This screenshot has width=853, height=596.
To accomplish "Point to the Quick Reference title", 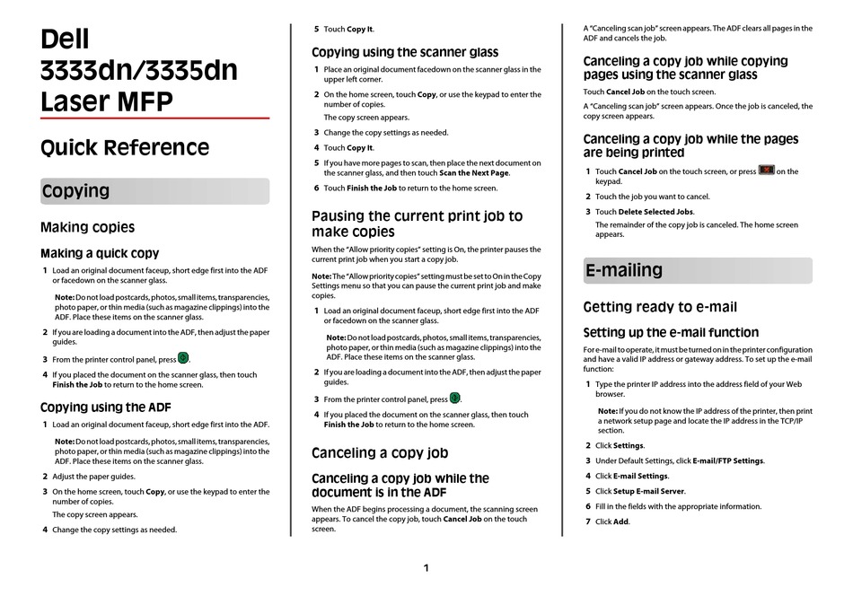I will click(x=125, y=148).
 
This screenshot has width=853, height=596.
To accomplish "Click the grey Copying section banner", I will click(x=154, y=191).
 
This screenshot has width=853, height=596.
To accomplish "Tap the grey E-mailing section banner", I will click(x=697, y=270).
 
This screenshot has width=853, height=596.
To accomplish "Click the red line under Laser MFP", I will click(x=154, y=118).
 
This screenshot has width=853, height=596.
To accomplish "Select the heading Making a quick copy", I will click(x=100, y=254).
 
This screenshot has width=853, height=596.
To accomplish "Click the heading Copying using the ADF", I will click(x=105, y=408).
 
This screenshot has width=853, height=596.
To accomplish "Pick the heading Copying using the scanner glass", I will click(x=405, y=52).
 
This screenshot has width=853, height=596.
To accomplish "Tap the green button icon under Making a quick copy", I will click(x=183, y=359).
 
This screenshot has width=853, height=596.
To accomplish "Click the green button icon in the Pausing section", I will click(x=454, y=399).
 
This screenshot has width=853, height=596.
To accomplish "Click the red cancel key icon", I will click(x=766, y=170).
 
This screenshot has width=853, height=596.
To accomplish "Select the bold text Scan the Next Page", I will click(x=474, y=172).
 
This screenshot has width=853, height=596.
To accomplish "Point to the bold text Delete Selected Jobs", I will click(x=655, y=212).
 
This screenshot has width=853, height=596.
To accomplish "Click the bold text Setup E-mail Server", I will click(x=648, y=491).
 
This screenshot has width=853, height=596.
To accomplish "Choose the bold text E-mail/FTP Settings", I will click(x=728, y=460).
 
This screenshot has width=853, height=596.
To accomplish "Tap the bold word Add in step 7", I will click(x=621, y=521).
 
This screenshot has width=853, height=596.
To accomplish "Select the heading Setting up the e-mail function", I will click(x=671, y=332).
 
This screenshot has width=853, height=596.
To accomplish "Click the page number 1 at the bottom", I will click(x=426, y=568).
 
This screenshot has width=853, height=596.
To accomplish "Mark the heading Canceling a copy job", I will click(x=380, y=453).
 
